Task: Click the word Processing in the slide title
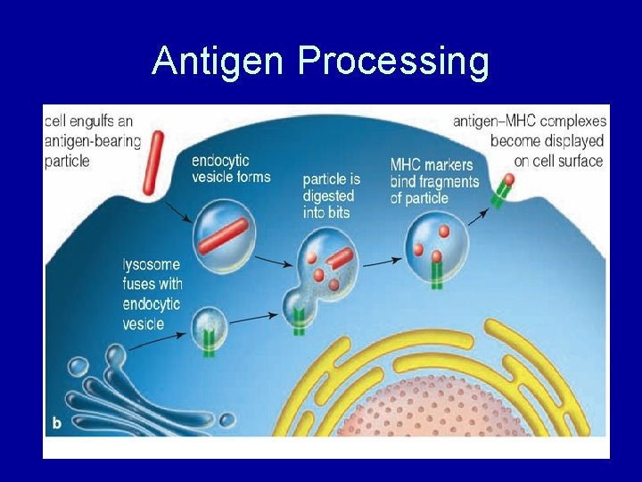[393, 61]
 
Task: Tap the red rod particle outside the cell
[154, 162]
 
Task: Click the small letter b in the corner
[57, 423]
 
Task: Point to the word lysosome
[152, 265]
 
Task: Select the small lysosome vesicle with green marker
[210, 327]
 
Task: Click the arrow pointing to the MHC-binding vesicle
[379, 261]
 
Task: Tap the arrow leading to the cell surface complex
[477, 214]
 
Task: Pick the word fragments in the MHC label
[450, 182]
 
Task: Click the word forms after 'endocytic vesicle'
[253, 177]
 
